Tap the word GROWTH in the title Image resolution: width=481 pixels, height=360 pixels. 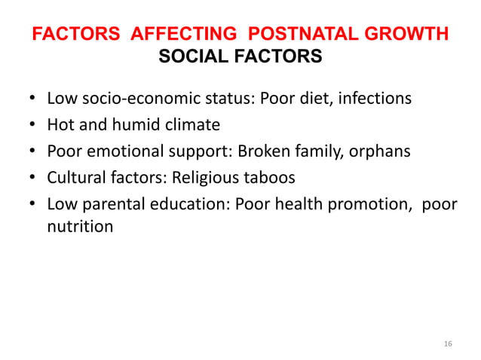point(408,35)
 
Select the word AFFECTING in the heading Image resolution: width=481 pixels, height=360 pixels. point(177,35)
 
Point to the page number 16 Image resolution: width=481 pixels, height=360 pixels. point(448,343)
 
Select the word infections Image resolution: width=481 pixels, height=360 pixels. point(375,98)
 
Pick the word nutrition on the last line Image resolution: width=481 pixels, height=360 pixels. point(80,225)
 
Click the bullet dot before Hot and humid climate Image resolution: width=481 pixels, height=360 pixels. point(32,125)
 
